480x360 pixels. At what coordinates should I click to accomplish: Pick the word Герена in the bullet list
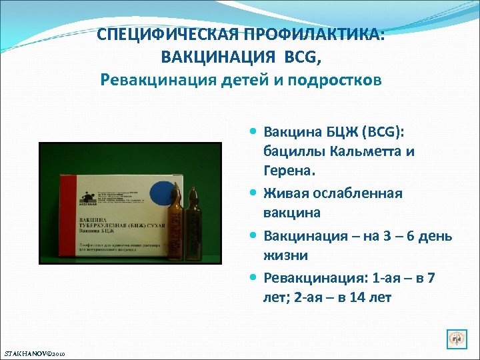click(287, 172)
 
